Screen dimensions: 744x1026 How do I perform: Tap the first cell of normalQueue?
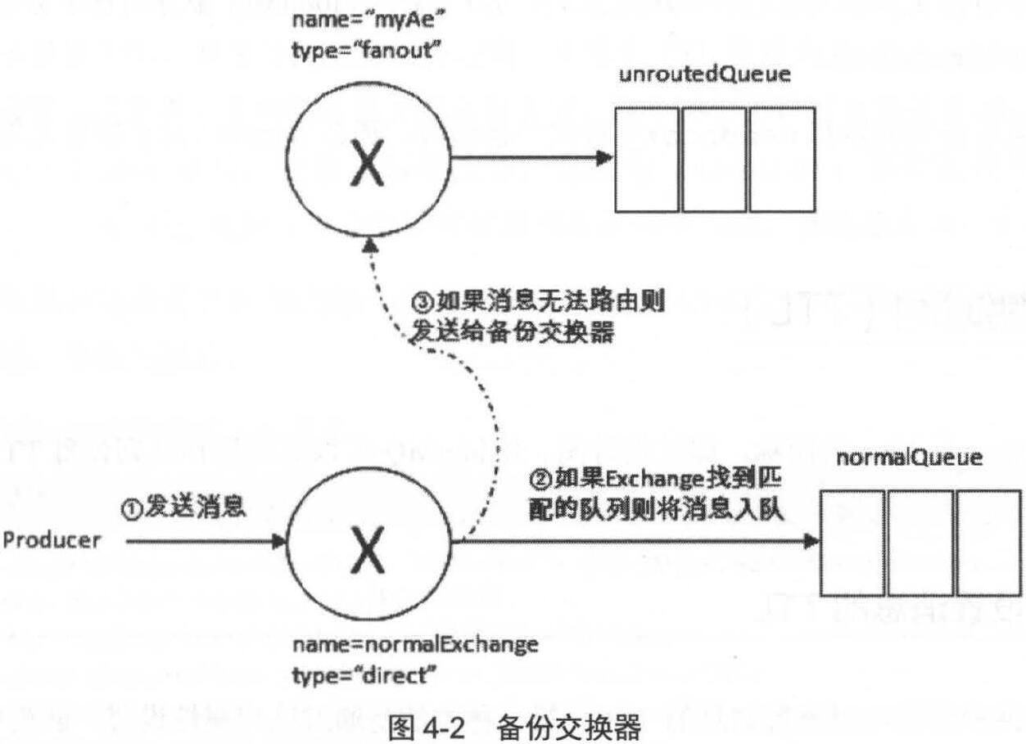[852, 543]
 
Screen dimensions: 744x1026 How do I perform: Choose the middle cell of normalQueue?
[920, 543]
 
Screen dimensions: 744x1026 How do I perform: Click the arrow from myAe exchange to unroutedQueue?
[532, 159]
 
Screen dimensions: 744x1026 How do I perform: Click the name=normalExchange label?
[415, 645]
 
